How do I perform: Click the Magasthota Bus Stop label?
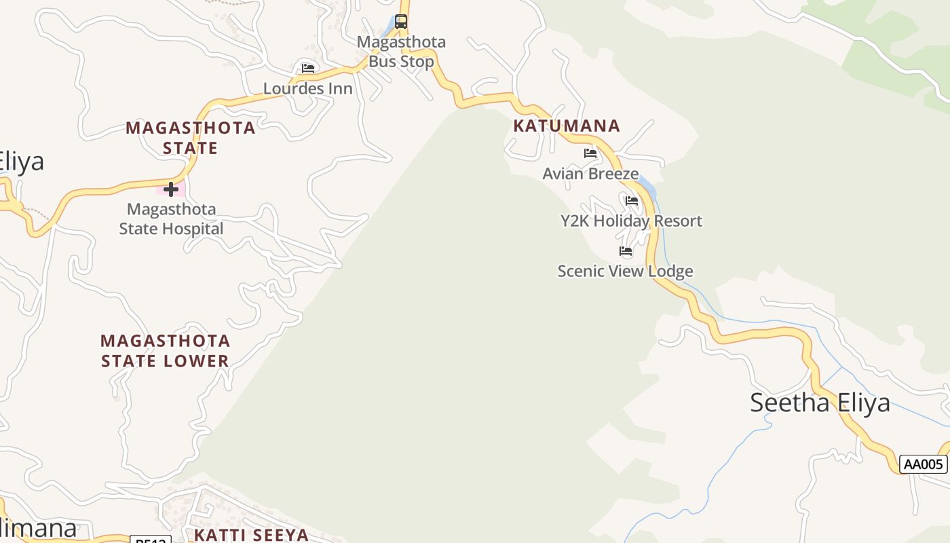coord(401,52)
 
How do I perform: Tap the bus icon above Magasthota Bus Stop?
coord(401,22)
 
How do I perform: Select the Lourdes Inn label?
coord(307,88)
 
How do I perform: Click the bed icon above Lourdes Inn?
coord(307,69)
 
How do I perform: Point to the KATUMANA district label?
coord(567,126)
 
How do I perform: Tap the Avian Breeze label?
coord(590,174)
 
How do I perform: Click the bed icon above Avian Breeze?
coord(590,153)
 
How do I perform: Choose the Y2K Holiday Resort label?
coord(631,221)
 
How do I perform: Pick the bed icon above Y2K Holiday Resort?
coord(632,201)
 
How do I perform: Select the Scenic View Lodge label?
coord(625,271)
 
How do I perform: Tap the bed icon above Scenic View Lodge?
coord(626,251)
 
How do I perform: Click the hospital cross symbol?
coord(171,189)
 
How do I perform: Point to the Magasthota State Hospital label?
coord(171,219)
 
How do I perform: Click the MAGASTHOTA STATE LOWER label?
coord(165,351)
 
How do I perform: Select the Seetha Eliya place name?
coord(820,402)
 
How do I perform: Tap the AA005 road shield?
coord(924,464)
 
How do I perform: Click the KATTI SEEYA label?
coord(251,535)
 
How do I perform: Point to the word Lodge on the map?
coord(671,271)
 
